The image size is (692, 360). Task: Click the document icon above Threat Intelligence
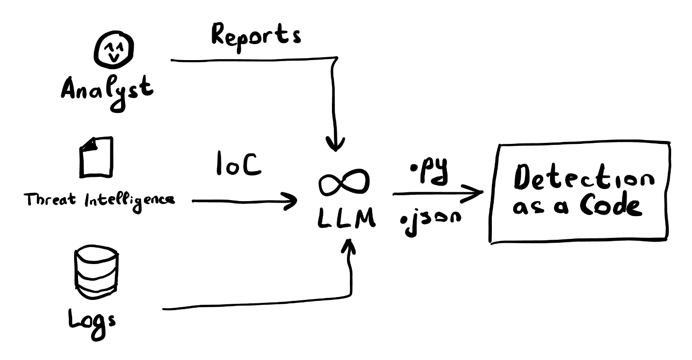[96, 157]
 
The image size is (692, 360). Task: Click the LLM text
[346, 220]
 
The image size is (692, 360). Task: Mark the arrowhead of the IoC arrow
[292, 200]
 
